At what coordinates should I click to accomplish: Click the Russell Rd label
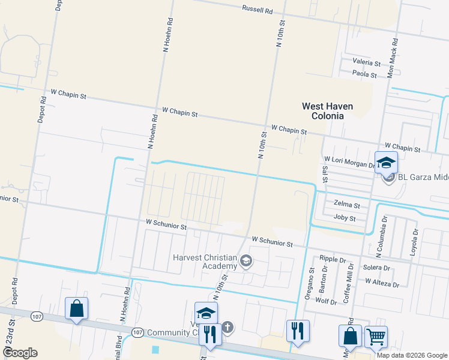(257, 10)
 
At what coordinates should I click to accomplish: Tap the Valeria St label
(367, 62)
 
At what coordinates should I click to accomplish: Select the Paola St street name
(364, 75)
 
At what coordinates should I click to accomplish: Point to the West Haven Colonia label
(327, 111)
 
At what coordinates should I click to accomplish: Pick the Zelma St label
(347, 205)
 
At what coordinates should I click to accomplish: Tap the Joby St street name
(345, 218)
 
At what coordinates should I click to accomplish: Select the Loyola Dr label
(414, 242)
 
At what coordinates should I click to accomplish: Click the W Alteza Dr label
(382, 280)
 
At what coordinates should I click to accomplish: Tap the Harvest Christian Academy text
(205, 262)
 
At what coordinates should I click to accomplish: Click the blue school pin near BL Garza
(386, 163)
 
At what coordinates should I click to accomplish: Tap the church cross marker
(227, 328)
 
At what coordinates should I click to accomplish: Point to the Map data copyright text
(412, 355)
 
